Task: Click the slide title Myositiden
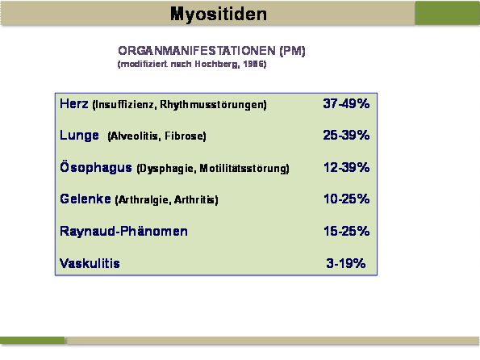coord(219,15)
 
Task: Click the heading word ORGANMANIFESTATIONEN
coord(197,51)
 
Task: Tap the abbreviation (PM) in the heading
coord(292,51)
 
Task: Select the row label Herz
coord(74,103)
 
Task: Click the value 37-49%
coord(346,103)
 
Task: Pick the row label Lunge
coord(79,136)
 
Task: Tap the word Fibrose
coord(186,136)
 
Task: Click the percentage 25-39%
coord(346,135)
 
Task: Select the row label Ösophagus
coord(96,168)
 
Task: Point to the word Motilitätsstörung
coord(244,168)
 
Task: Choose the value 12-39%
coord(347,167)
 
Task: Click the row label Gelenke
coord(86,199)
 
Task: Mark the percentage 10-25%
coord(347,199)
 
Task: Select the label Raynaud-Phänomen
coord(123,231)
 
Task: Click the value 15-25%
coord(347,231)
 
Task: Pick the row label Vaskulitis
coord(90,263)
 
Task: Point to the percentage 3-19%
coord(346,263)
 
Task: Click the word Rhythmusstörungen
coord(213,104)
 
